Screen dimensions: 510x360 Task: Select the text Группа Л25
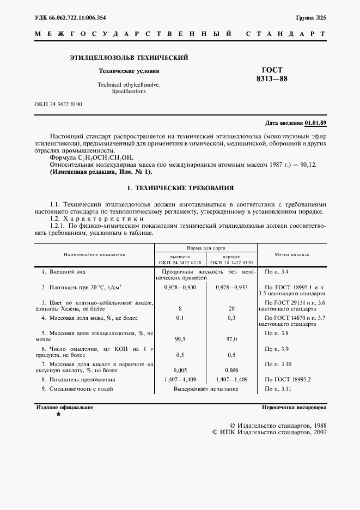coord(311,17)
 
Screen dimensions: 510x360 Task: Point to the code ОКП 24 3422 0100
coord(58,104)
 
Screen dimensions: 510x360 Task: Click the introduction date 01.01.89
coord(315,123)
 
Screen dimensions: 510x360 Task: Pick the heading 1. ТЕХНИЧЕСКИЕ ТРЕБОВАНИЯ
coord(180,188)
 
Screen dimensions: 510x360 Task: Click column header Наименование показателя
coord(94,254)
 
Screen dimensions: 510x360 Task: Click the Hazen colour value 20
coord(231,308)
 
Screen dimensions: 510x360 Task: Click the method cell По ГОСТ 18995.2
coord(286,379)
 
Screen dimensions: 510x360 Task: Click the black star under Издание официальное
coord(58,415)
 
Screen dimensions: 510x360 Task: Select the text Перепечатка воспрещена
coord(294,408)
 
